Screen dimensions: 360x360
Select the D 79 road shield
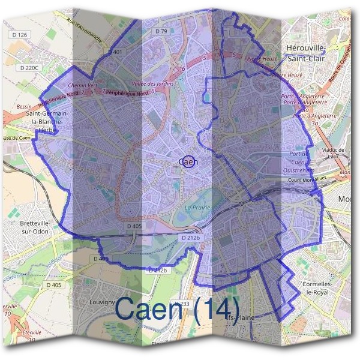pos(161,31)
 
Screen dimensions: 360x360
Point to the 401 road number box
pos(118,52)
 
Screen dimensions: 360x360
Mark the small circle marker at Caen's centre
pos(188,161)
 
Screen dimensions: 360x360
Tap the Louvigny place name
pos(101,302)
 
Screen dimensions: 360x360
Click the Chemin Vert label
pos(83,85)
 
